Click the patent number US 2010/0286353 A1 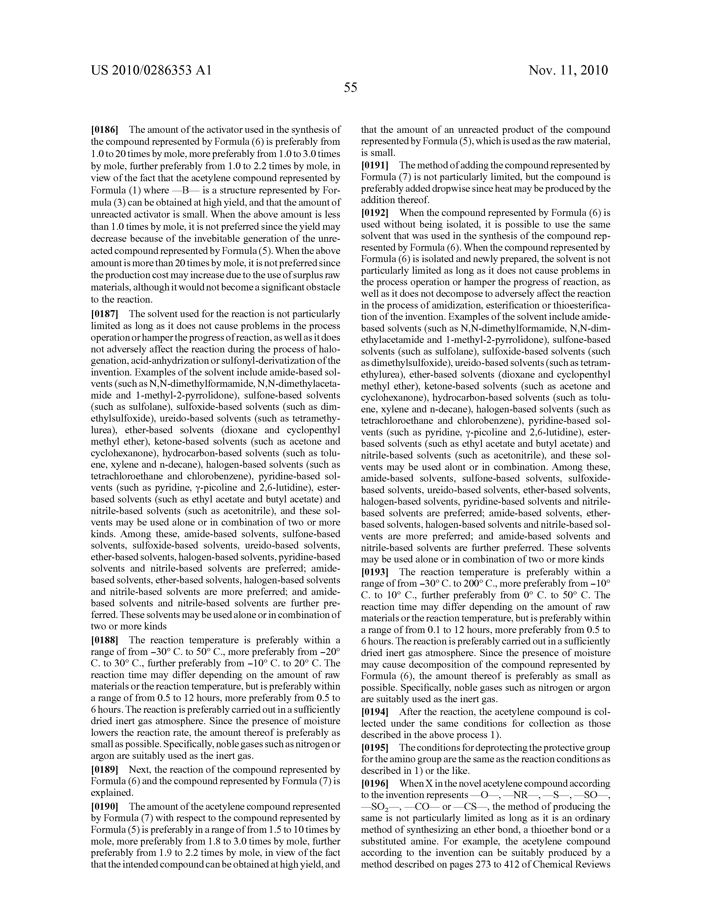(x=151, y=70)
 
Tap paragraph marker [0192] (x=375, y=213)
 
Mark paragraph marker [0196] (x=375, y=784)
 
